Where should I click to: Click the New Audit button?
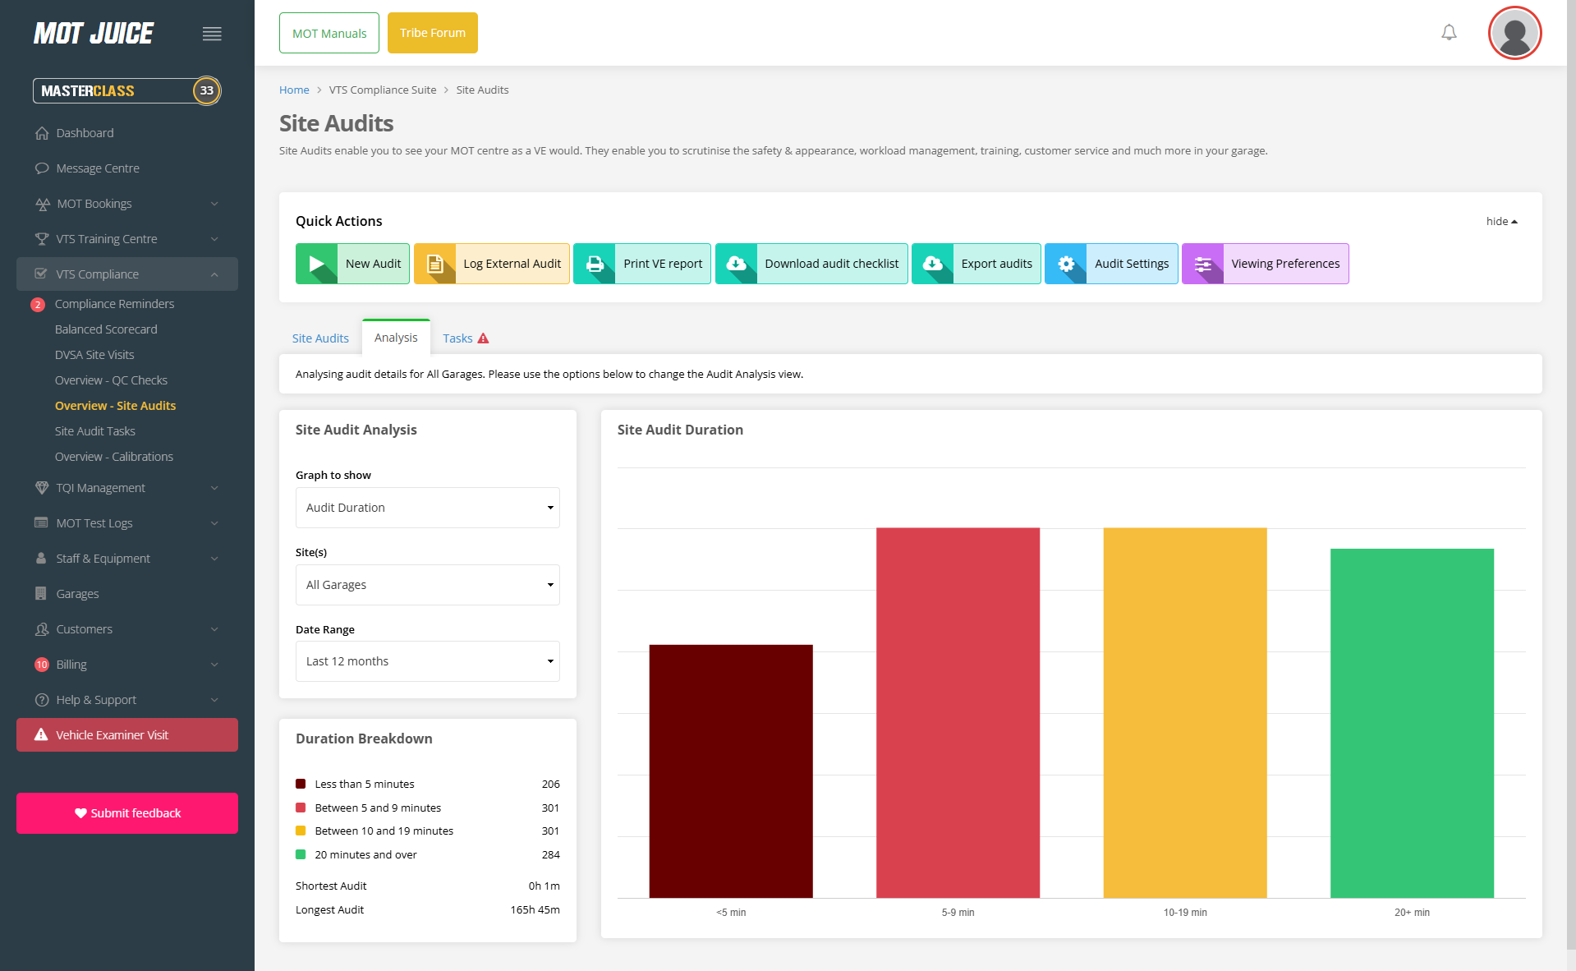(x=352, y=264)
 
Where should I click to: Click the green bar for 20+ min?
(x=1412, y=723)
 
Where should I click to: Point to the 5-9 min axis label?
(x=958, y=913)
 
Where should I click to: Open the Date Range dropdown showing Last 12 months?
(x=427, y=661)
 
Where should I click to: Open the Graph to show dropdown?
(x=427, y=508)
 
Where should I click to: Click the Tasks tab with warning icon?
(x=465, y=338)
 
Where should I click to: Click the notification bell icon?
(x=1449, y=33)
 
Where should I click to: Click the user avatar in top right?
(x=1514, y=34)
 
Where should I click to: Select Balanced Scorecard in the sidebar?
(x=106, y=329)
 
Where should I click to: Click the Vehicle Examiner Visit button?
(x=127, y=735)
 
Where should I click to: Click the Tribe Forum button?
(x=432, y=33)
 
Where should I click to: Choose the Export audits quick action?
(x=976, y=264)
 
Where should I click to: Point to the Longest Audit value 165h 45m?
(x=535, y=910)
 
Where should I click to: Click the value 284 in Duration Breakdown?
(x=550, y=855)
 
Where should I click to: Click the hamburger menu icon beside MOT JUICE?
(x=212, y=34)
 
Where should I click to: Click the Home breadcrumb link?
(x=294, y=90)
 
